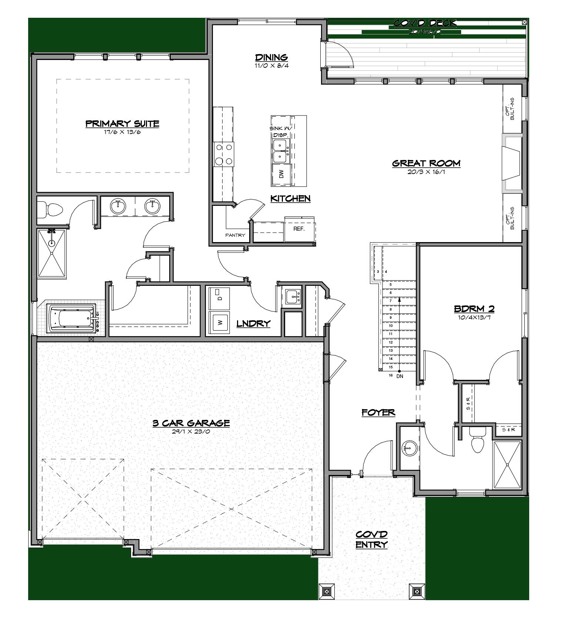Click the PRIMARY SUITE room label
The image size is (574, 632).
click(x=122, y=124)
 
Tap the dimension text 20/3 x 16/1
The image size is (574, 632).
click(x=426, y=172)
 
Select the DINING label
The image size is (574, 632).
click(x=271, y=57)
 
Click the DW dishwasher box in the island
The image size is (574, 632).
click(x=281, y=174)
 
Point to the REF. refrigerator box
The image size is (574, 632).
click(x=299, y=229)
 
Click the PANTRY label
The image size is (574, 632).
click(x=235, y=235)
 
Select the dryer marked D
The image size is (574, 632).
click(x=219, y=298)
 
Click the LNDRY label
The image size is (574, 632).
click(x=253, y=324)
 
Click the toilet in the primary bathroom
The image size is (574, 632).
click(x=52, y=209)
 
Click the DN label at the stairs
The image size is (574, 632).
click(x=400, y=376)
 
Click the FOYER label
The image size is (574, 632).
click(x=378, y=412)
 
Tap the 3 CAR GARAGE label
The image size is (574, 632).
click(x=191, y=423)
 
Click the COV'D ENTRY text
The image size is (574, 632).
click(x=371, y=539)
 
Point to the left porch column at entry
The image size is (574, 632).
click(x=327, y=591)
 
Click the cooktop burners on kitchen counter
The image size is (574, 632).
click(x=224, y=154)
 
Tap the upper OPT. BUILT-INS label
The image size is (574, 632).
click(x=512, y=109)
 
